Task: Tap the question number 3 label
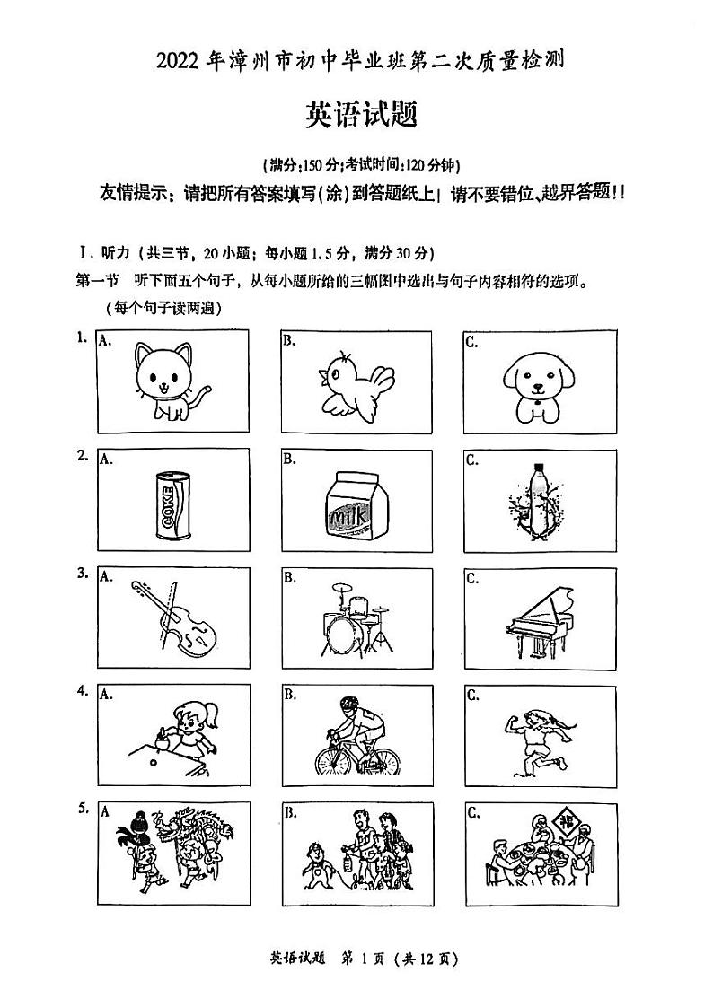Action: coord(82,572)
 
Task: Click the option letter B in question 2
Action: coord(289,460)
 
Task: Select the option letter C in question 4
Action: coord(472,695)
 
